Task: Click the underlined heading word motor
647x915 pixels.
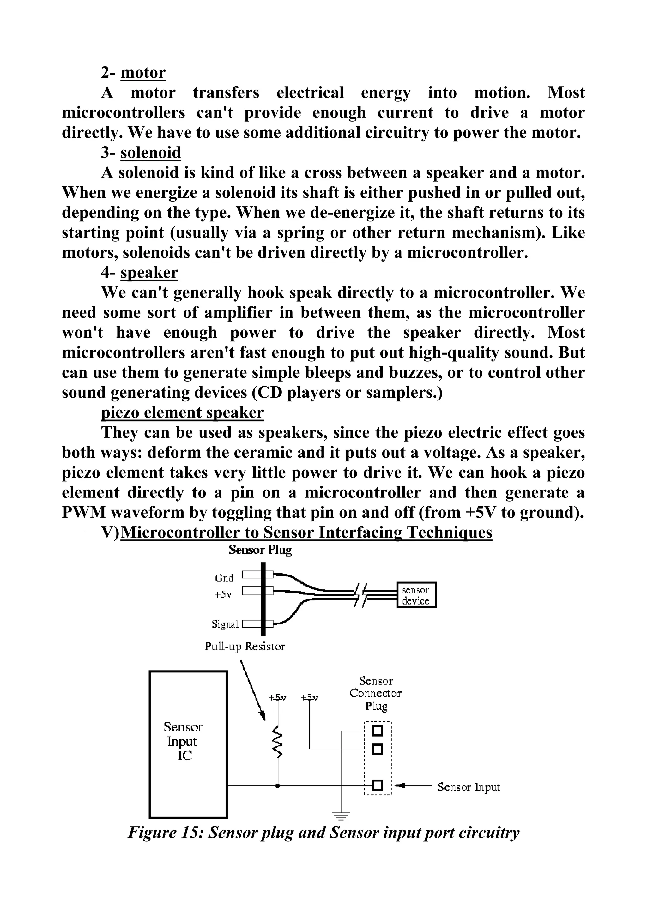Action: tap(143, 73)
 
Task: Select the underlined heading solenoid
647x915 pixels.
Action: tap(151, 153)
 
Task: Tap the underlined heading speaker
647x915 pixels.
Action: tap(149, 273)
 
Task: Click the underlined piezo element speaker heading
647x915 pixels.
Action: tap(182, 412)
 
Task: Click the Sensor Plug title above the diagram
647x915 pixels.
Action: tap(260, 550)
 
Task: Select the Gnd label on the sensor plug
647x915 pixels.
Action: tap(224, 578)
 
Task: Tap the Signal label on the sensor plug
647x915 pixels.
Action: tap(225, 624)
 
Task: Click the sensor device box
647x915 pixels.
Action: tap(416, 595)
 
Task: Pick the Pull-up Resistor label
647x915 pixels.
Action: tap(245, 647)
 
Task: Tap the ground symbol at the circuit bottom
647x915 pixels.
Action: tap(341, 816)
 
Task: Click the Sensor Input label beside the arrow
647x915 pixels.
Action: tap(468, 787)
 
